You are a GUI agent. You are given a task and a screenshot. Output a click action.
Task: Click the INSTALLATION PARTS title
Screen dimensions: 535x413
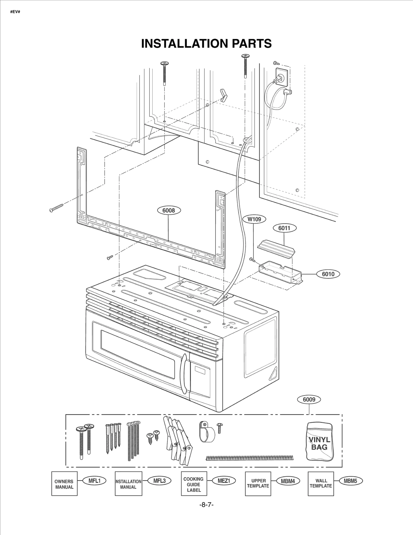click(206, 43)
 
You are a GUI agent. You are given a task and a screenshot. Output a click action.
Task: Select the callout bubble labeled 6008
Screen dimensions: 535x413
click(169, 211)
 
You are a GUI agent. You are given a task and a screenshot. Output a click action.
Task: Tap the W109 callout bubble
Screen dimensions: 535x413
click(254, 219)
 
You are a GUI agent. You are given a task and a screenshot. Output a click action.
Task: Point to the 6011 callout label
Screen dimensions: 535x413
click(284, 228)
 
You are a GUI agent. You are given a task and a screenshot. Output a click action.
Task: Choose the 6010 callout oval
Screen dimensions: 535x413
click(328, 274)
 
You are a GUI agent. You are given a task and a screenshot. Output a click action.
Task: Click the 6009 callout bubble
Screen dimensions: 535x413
click(309, 400)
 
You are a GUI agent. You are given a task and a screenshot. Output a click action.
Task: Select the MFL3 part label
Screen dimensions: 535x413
click(159, 481)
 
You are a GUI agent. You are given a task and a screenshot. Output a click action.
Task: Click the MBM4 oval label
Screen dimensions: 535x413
click(288, 481)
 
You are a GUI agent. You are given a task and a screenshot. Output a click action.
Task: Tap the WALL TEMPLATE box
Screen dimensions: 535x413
click(321, 484)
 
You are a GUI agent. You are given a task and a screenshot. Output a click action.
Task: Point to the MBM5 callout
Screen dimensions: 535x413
click(350, 481)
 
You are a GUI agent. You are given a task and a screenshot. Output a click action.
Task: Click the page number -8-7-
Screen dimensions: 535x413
click(206, 505)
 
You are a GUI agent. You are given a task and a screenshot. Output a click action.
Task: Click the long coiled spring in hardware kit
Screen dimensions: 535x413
click(250, 458)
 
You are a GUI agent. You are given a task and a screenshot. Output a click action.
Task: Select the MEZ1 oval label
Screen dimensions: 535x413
click(224, 481)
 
